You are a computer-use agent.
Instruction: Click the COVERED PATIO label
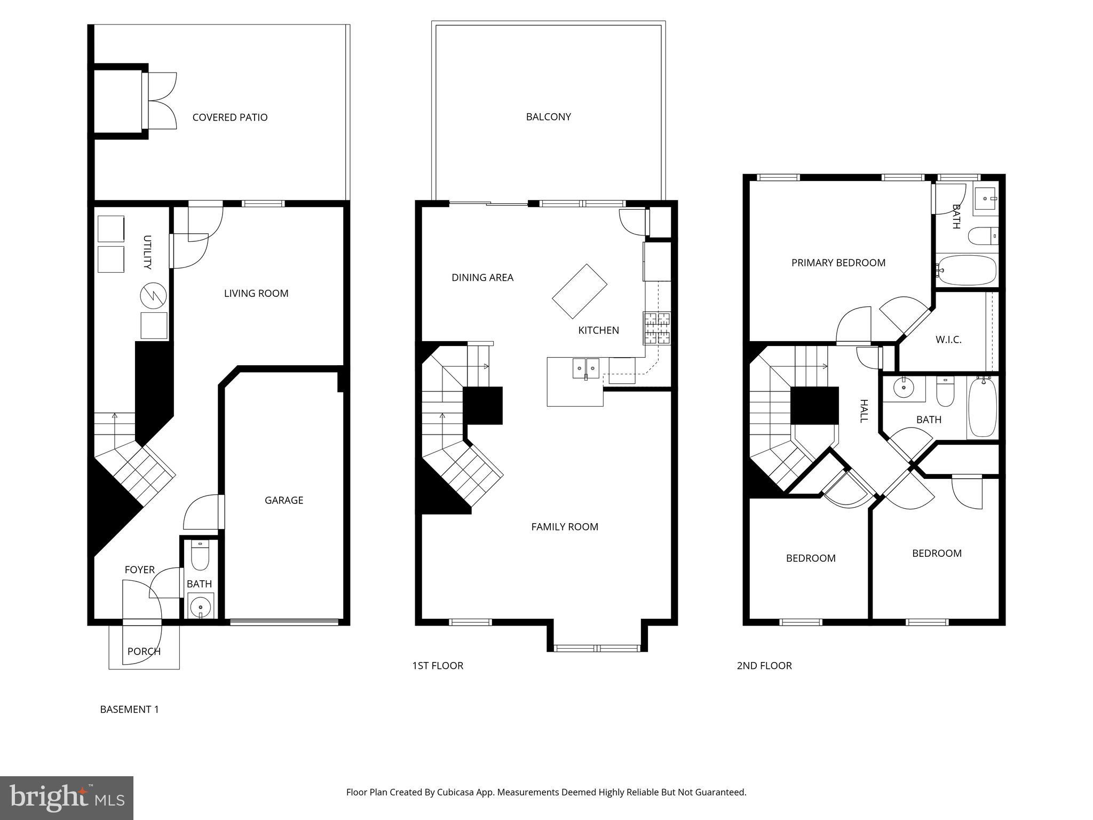(229, 117)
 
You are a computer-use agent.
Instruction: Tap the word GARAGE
(284, 500)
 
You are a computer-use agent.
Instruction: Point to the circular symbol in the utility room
(153, 295)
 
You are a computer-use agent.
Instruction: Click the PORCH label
(144, 651)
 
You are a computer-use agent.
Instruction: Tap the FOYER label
(139, 570)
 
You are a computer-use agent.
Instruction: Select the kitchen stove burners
(656, 328)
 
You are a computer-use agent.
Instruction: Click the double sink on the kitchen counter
(585, 368)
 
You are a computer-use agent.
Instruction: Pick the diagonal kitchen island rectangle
(579, 291)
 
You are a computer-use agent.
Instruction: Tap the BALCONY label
(548, 117)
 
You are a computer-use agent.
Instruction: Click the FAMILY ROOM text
(565, 527)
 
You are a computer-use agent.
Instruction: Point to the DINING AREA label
(482, 278)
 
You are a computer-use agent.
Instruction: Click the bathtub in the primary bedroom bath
(967, 270)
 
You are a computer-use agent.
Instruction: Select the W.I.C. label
(948, 340)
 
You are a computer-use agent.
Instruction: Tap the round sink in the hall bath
(903, 388)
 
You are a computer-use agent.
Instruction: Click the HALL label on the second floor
(864, 411)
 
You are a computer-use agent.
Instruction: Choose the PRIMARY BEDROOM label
(838, 263)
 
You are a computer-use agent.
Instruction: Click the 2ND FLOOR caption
(764, 666)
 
